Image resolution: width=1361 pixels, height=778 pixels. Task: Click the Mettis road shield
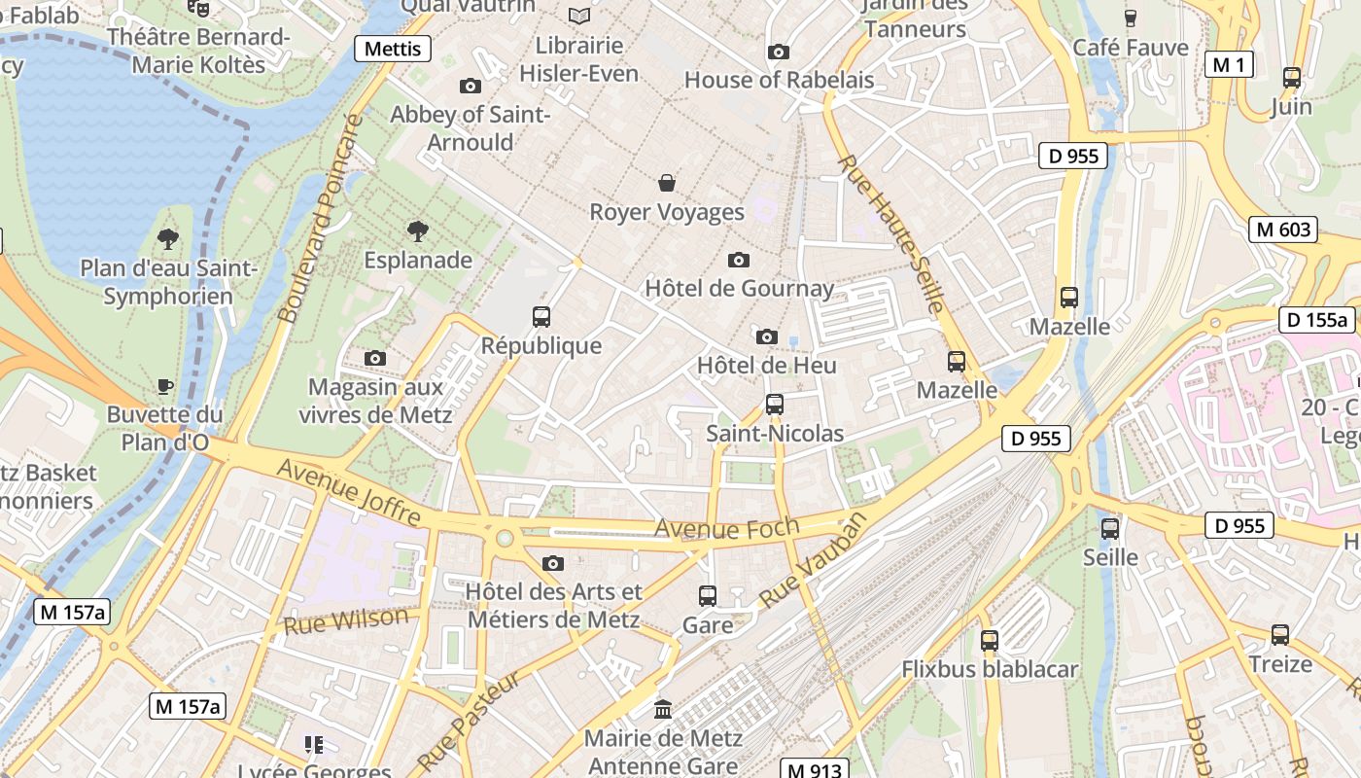[393, 49]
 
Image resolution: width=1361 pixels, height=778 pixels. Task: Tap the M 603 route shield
[1283, 230]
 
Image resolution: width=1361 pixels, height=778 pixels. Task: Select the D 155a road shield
[1316, 320]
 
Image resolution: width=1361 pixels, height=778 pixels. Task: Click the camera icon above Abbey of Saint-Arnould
[471, 86]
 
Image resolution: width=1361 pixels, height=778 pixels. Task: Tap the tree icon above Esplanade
[418, 231]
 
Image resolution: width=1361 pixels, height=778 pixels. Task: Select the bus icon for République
[541, 316]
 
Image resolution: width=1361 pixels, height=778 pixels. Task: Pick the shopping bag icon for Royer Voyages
[667, 183]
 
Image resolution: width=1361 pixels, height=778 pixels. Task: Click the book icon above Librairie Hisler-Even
[579, 16]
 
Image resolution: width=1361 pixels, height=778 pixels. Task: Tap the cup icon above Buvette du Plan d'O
[165, 386]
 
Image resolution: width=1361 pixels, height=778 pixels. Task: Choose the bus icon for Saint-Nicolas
[775, 404]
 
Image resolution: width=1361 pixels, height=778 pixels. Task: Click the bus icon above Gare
[708, 595]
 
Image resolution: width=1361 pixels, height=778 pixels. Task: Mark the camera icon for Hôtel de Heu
[767, 336]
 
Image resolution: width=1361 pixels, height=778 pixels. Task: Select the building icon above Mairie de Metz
[664, 709]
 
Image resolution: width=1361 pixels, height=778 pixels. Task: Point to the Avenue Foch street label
[726, 527]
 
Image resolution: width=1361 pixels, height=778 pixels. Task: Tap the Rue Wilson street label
[346, 619]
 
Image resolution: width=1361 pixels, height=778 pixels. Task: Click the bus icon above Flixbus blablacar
[990, 640]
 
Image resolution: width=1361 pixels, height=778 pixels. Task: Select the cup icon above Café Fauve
[1131, 18]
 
